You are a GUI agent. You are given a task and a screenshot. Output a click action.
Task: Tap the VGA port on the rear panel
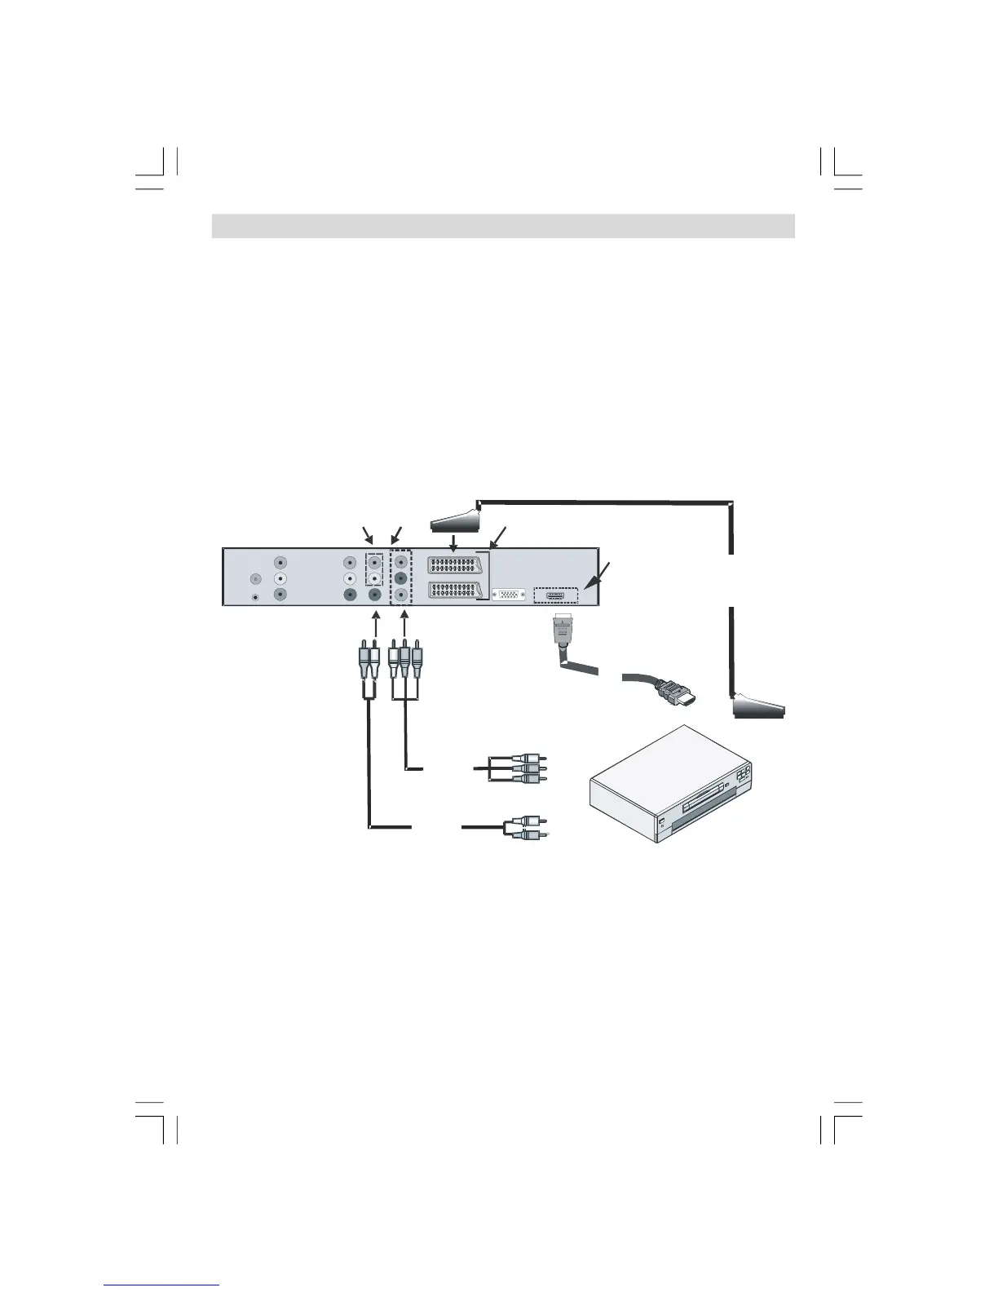tap(510, 595)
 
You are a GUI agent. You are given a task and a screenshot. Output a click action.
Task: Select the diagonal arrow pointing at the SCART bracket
tap(497, 537)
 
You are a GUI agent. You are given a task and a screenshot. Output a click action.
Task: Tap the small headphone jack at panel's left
tap(258, 596)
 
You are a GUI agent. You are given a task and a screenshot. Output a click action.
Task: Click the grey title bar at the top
tap(502, 226)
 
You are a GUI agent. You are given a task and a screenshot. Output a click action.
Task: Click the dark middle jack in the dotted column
tap(400, 579)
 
